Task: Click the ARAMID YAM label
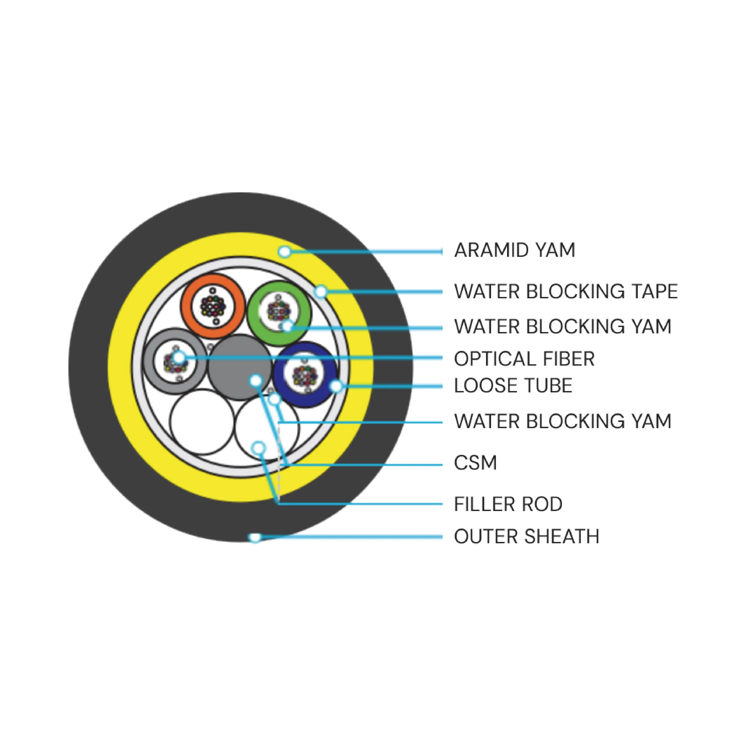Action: point(515,250)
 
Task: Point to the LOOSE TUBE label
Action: point(513,385)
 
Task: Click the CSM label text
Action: point(475,462)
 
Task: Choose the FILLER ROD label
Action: point(508,504)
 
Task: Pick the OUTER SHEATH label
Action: point(527,536)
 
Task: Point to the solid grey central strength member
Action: point(240,367)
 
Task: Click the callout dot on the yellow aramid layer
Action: point(284,251)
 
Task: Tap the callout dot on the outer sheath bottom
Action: point(255,537)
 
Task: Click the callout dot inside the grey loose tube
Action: point(178,357)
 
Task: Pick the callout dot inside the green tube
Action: point(288,326)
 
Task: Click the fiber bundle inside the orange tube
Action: point(213,306)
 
